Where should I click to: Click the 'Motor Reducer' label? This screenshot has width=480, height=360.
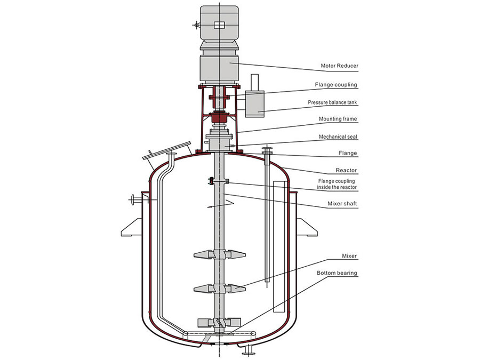pos(339,67)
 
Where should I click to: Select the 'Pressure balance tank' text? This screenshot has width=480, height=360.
pos(332,102)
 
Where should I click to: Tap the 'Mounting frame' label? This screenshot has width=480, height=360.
pos(338,119)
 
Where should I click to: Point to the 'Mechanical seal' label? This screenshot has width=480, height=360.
pos(338,137)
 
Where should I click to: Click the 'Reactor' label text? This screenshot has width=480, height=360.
pos(346,170)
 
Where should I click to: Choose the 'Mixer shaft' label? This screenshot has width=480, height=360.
pos(342,204)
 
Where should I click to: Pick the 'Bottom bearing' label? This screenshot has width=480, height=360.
pos(337,274)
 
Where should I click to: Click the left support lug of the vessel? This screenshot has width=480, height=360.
pos(132,227)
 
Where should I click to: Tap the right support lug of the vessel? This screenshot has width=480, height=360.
pos(307,227)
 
